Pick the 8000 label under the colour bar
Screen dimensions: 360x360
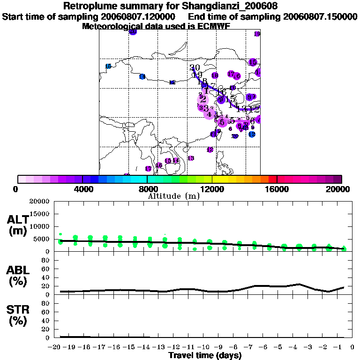click(147, 189)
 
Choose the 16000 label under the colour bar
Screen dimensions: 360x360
click(277, 189)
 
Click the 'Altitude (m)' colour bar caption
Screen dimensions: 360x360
click(173, 196)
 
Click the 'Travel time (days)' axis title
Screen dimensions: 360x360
click(205, 356)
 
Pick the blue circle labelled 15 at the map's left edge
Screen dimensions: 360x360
click(108, 67)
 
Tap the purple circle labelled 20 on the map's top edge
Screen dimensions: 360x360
click(133, 31)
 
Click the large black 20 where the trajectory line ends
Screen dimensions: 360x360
click(195, 67)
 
